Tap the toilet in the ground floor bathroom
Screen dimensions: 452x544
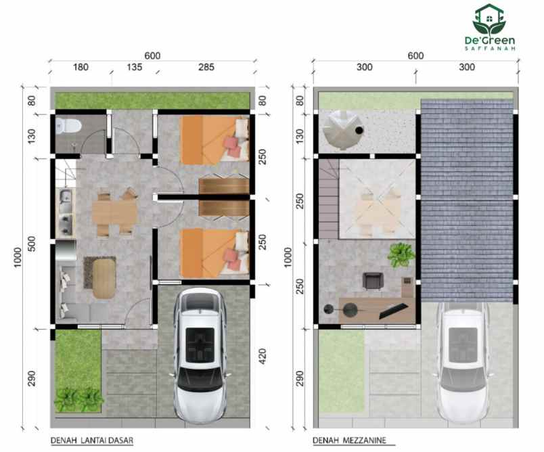(69, 125)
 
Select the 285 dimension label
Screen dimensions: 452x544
(206, 67)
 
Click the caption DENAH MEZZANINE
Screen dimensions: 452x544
(349, 440)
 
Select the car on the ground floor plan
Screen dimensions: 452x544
(199, 353)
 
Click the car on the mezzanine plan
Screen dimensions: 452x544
(462, 359)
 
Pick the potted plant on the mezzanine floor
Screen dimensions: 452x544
(399, 254)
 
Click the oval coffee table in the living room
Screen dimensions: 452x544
(103, 278)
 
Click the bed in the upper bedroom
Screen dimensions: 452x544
(214, 139)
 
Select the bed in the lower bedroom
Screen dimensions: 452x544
(214, 253)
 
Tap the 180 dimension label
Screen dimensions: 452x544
(81, 67)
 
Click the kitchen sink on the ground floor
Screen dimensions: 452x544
(65, 199)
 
